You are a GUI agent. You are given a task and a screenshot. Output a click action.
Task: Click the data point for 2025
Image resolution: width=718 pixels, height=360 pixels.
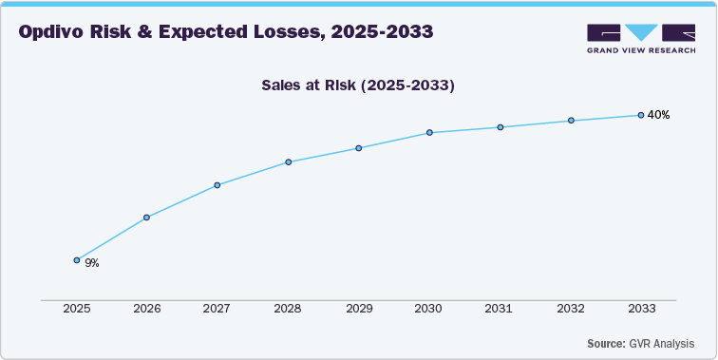tap(77, 259)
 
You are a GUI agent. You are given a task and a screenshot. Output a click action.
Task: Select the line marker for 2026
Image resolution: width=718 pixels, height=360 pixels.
tap(146, 218)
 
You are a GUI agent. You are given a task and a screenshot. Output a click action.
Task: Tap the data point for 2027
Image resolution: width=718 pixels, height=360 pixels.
tap(217, 185)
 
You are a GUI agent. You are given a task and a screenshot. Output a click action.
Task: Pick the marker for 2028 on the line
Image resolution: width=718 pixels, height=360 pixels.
tap(288, 162)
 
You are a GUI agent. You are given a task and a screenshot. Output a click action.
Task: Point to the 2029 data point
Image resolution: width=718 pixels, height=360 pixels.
tap(359, 148)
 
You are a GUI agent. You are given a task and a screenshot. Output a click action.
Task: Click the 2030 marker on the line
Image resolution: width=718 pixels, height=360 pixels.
tap(429, 132)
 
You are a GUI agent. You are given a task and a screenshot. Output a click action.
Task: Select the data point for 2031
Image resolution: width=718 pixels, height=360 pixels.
tap(501, 127)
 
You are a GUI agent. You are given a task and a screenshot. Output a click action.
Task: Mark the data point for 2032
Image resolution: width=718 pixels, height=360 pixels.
tap(571, 121)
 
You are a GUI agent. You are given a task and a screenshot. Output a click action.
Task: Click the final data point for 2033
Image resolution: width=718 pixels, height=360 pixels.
tap(641, 115)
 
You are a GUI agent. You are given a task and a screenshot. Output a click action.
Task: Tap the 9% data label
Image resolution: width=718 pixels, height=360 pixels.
tap(92, 263)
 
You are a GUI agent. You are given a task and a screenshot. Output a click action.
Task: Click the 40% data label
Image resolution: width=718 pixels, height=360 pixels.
tap(658, 115)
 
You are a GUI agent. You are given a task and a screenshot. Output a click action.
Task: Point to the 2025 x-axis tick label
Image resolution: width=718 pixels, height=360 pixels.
tap(76, 310)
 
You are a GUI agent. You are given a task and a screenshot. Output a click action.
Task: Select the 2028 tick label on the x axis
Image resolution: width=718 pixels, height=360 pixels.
tap(288, 310)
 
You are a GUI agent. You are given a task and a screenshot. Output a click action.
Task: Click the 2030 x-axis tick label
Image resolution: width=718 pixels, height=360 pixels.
tap(429, 310)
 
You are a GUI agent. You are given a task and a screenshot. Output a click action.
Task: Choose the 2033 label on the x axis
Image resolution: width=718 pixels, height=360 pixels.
tap(641, 310)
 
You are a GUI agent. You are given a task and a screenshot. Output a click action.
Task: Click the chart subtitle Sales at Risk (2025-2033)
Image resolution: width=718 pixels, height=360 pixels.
tap(359, 85)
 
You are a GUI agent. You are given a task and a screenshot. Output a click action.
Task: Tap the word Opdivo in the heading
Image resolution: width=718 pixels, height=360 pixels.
tap(57, 32)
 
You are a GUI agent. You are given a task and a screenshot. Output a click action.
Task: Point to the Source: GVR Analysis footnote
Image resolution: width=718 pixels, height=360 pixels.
tap(639, 343)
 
